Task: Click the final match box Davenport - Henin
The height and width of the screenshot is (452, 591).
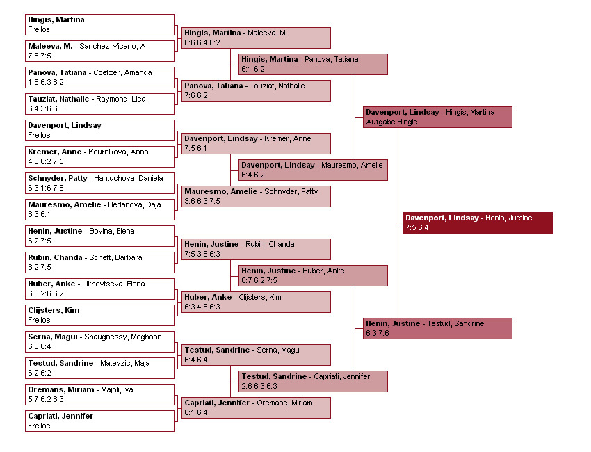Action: [x=478, y=223]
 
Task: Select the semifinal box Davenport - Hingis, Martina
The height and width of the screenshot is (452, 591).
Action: [x=437, y=117]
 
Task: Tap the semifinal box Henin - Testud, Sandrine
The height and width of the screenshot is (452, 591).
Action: [x=437, y=328]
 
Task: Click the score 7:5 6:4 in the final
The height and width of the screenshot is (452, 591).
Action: [x=417, y=227]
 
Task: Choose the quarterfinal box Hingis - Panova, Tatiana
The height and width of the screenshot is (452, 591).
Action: [x=313, y=64]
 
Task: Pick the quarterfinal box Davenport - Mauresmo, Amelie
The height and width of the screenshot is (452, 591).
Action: [x=313, y=170]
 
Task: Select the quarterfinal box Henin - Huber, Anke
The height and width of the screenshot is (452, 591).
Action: [x=313, y=275]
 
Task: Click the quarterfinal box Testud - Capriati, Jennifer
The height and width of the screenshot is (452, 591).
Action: [x=313, y=381]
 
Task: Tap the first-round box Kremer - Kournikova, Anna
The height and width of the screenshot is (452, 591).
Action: [x=99, y=156]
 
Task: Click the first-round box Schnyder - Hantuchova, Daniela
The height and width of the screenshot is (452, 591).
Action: [x=99, y=183]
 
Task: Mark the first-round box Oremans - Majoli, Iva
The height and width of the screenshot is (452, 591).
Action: [x=99, y=394]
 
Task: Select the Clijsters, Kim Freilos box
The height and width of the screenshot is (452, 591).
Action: [x=99, y=315]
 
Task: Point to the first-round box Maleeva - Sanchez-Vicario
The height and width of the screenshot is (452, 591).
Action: [x=99, y=51]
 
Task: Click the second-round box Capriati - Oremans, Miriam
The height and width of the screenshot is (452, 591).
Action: [x=256, y=407]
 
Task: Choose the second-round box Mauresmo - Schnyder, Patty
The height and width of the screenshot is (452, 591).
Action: [x=256, y=196]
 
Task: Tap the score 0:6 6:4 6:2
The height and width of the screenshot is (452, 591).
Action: [x=202, y=42]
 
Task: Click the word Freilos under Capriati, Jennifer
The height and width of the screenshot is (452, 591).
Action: [x=40, y=426]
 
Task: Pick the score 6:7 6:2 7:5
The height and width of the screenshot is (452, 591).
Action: [x=259, y=280]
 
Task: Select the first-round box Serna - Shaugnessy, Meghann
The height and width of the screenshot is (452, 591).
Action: [x=99, y=341]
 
